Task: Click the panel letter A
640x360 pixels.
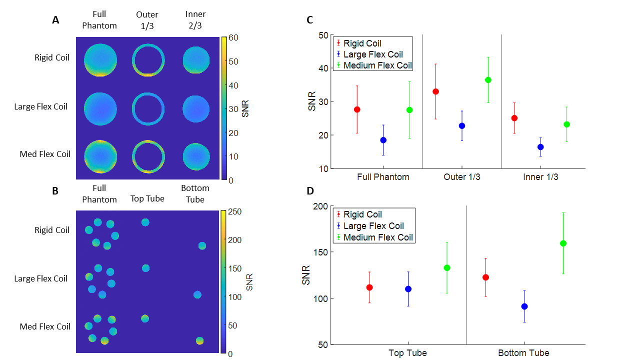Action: [x=56, y=20]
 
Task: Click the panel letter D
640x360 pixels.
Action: [x=310, y=190]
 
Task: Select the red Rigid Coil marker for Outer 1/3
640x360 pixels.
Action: [x=435, y=91]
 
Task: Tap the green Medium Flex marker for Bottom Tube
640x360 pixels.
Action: [x=563, y=243]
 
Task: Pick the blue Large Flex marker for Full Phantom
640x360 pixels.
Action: [x=383, y=140]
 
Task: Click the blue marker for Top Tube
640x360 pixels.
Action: [x=408, y=289]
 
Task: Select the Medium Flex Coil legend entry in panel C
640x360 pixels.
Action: [x=377, y=65]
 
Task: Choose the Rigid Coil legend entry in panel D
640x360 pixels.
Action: [x=362, y=214]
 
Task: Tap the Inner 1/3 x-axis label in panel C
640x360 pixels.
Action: [x=540, y=177]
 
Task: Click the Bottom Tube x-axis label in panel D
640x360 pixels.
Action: [x=523, y=353]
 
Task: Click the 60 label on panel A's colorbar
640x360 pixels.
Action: [x=233, y=37]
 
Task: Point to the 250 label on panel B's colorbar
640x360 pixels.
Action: [x=235, y=211]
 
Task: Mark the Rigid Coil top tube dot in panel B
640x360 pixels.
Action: [x=145, y=222]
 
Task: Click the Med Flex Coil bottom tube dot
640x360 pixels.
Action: [x=199, y=340]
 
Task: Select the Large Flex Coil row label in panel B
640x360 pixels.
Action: [x=41, y=278]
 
